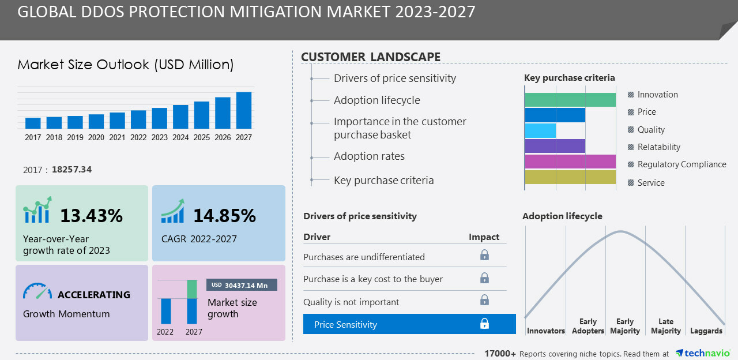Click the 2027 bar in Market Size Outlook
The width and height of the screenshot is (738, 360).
244,110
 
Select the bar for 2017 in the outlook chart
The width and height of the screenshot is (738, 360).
33,123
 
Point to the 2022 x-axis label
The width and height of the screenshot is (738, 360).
138,138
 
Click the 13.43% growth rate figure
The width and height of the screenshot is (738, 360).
91,216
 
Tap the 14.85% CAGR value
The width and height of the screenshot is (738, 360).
224,216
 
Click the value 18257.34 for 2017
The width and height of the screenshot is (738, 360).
71,170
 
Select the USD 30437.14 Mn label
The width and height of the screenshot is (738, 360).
242,285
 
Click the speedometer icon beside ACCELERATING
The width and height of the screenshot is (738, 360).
37,291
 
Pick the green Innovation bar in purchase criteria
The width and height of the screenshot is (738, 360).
570,99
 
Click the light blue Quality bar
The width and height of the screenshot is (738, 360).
540,130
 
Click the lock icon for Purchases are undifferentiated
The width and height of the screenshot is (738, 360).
484,255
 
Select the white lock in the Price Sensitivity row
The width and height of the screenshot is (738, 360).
484,324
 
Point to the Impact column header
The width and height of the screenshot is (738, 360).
484,237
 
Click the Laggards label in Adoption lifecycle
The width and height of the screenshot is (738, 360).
706,331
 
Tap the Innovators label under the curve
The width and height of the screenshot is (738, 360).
545,331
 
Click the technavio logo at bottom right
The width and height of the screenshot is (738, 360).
703,353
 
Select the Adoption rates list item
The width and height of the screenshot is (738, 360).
369,156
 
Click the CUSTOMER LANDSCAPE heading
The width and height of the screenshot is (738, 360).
371,57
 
